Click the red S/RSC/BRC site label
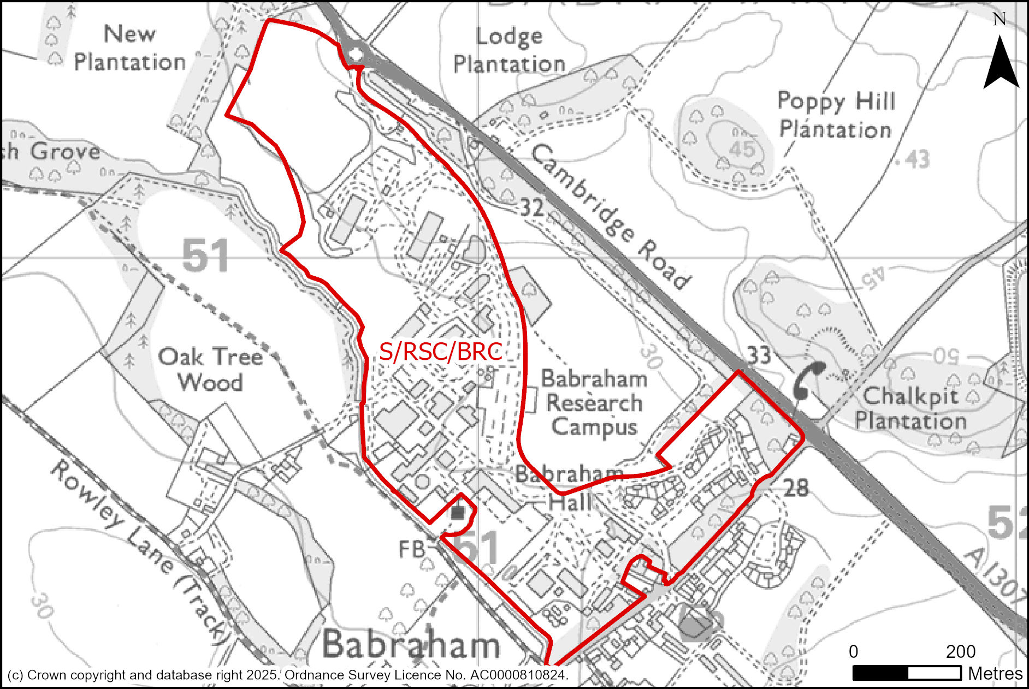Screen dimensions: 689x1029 [440, 352]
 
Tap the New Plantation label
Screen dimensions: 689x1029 [130, 48]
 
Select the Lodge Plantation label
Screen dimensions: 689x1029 [509, 50]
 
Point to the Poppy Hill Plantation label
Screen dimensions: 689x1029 [836, 115]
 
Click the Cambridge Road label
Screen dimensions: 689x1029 [610, 217]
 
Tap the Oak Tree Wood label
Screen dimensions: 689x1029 [210, 369]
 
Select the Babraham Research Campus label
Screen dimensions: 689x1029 [594, 402]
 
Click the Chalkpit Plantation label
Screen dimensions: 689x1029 [910, 408]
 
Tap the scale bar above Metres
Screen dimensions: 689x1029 [907, 673]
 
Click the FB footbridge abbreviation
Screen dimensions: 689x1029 [411, 549]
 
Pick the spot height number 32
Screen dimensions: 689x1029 [531, 207]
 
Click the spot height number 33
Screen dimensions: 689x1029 [758, 355]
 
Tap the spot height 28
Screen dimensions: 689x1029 [796, 488]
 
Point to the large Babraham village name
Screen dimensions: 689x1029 [411, 644]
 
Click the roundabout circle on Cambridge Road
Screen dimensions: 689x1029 [356, 55]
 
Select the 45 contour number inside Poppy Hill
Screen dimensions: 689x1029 [742, 149]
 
